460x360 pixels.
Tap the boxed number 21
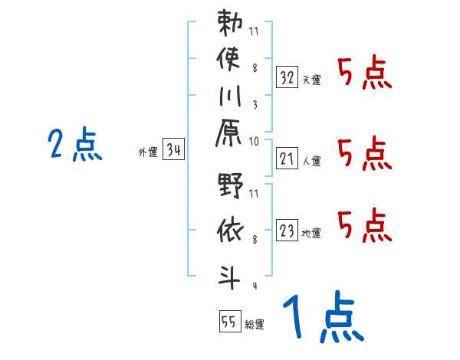(x=287, y=158)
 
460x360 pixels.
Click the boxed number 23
(x=287, y=229)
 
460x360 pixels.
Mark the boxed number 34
(x=173, y=150)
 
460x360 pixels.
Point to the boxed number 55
(x=228, y=322)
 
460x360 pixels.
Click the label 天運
(x=311, y=80)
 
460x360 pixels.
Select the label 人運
(x=311, y=161)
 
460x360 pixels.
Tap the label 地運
(x=311, y=233)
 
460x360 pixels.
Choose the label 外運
(x=148, y=152)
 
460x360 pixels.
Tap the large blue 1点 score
(x=322, y=318)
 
